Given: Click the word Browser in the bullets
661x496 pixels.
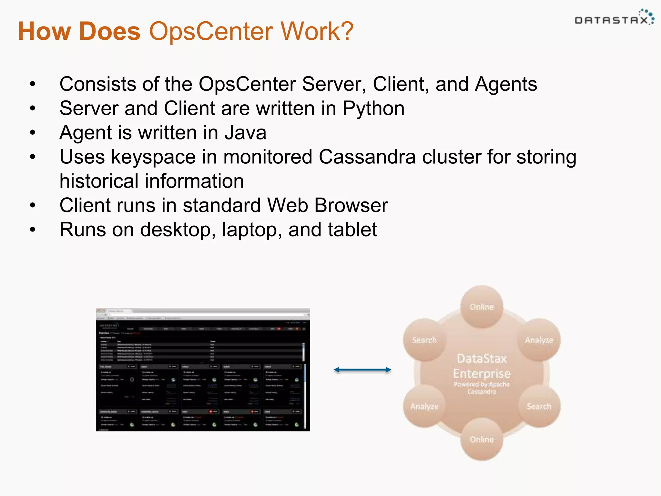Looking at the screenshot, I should tap(351, 205).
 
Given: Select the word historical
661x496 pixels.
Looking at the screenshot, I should tap(98, 181).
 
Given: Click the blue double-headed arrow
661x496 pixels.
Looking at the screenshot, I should tap(362, 370).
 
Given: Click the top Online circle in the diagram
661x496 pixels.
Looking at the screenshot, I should tap(482, 307).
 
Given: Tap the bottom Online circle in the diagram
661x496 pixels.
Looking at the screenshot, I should tap(482, 439).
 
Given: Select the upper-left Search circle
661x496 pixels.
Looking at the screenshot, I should tap(424, 340).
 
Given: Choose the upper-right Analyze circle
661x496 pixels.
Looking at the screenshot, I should tap(539, 340).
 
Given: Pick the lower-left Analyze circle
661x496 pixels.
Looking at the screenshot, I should tap(424, 406).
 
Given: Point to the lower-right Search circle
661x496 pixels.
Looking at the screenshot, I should tap(539, 406).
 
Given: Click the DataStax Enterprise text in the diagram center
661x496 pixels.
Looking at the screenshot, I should tap(482, 367).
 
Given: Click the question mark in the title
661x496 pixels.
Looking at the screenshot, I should tap(346, 31).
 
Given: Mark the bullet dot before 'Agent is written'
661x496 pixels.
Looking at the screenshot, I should tap(33, 133).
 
